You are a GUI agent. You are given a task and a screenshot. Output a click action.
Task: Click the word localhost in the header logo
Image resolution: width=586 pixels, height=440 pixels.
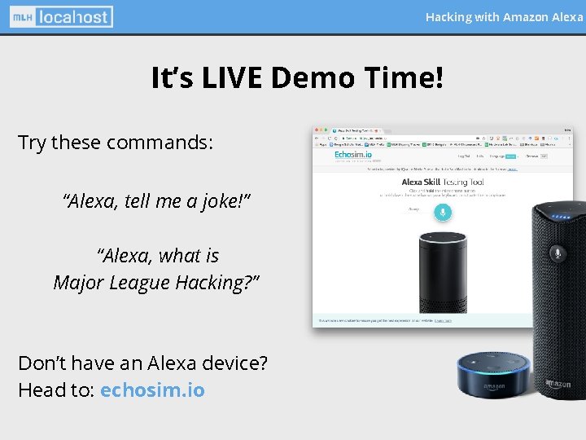(x=72, y=16)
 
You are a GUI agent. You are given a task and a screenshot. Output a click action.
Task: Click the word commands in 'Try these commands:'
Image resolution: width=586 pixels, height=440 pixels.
(x=160, y=143)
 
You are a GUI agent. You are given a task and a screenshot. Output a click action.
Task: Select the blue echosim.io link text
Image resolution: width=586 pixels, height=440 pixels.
(x=152, y=389)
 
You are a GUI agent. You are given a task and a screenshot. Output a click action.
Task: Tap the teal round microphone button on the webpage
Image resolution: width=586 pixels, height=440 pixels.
(x=443, y=212)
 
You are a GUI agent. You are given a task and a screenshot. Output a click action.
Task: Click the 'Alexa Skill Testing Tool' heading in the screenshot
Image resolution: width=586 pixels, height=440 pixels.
(x=443, y=183)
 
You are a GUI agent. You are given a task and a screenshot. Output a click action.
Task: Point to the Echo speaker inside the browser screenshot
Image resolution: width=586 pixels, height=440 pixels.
(x=441, y=269)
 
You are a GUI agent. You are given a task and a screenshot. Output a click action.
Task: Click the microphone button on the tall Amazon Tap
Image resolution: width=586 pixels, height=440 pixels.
(x=558, y=253)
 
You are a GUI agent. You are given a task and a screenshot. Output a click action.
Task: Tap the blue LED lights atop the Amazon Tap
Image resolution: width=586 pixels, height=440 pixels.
(x=558, y=217)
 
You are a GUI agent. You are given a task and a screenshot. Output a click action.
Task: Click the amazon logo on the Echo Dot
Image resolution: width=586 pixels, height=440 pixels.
(x=493, y=386)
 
